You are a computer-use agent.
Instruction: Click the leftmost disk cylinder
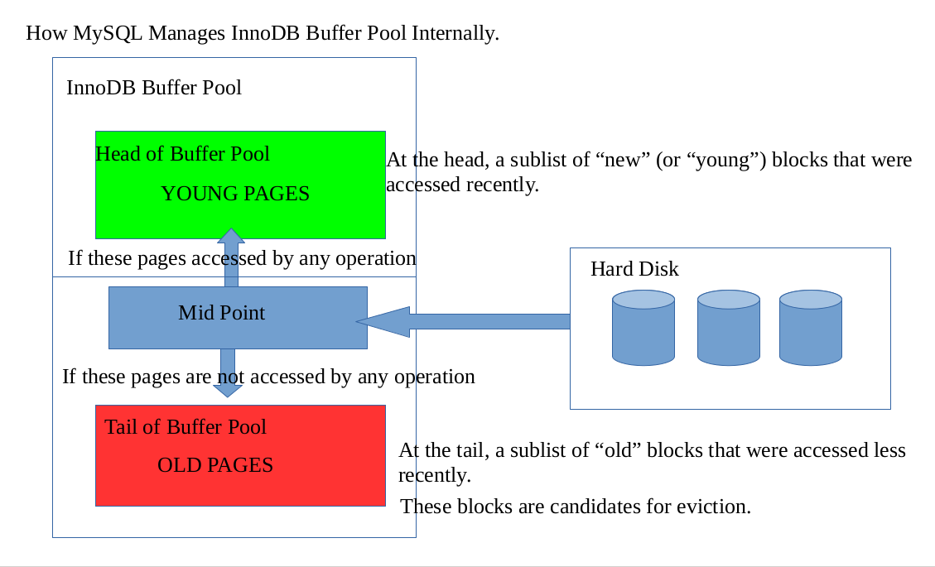[643, 328]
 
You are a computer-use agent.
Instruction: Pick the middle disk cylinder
[728, 328]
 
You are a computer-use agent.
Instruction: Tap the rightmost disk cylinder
[811, 328]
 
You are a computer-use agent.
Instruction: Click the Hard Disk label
[634, 269]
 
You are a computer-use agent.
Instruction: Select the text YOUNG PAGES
[235, 194]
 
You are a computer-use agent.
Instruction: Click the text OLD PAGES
[215, 465]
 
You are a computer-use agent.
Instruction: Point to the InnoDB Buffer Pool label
[154, 88]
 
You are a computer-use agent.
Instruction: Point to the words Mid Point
[222, 313]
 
